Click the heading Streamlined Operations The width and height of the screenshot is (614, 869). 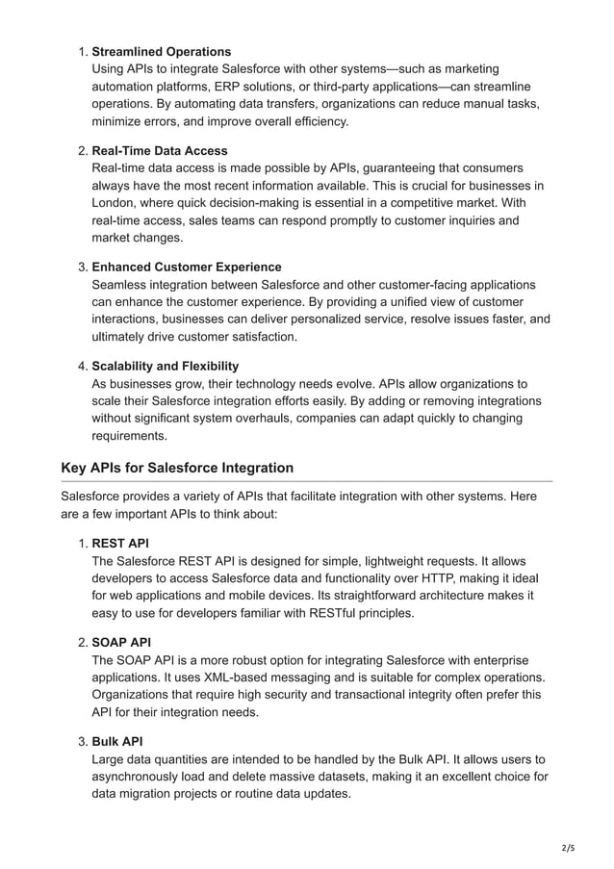click(x=161, y=51)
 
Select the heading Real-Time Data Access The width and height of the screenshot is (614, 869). click(x=159, y=151)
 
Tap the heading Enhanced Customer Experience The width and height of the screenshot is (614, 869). click(x=186, y=267)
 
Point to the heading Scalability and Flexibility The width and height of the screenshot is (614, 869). click(x=165, y=367)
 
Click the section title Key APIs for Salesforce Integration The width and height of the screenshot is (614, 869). click(x=177, y=468)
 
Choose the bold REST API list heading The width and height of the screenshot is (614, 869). click(x=120, y=543)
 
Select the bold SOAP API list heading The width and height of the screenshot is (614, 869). click(x=121, y=642)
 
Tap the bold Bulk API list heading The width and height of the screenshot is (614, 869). click(x=116, y=741)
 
